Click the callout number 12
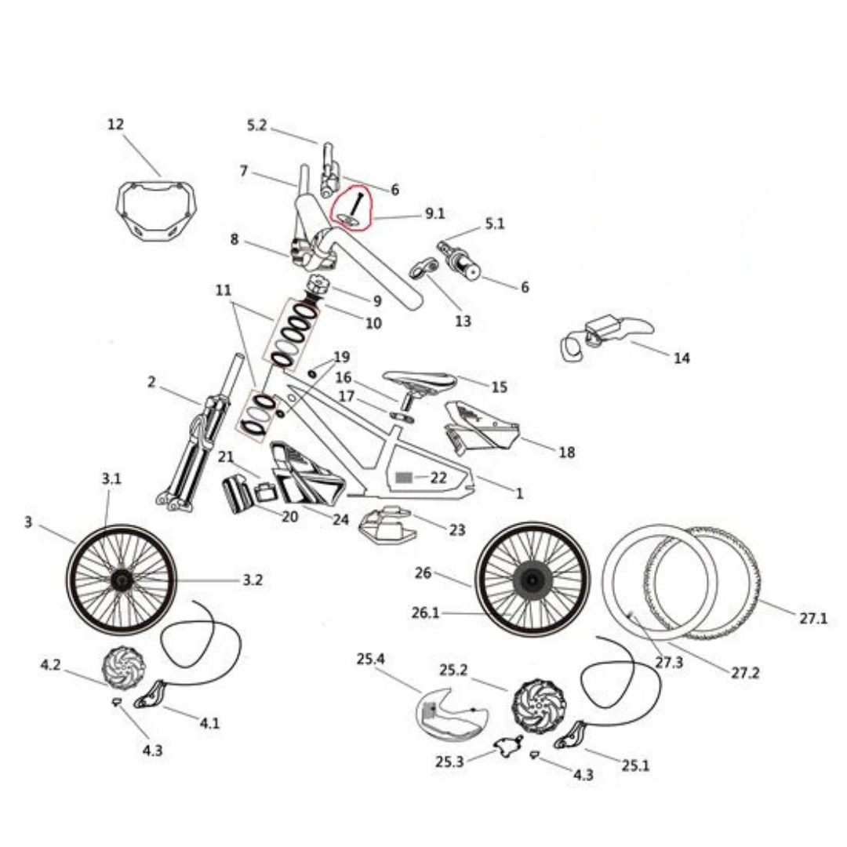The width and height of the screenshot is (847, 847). point(116,125)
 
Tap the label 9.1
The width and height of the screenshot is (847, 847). point(434,212)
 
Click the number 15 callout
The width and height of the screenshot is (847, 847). point(500,387)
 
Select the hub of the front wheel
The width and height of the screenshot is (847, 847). point(122,580)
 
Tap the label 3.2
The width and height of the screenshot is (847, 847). point(252,580)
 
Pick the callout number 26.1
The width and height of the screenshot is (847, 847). point(425,613)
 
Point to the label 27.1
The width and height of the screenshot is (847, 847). point(813,618)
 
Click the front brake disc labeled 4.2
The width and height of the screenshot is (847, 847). point(125,667)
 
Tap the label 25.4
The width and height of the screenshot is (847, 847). point(370,660)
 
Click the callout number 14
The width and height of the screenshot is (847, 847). point(682,358)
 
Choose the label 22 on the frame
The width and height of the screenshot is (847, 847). point(438,477)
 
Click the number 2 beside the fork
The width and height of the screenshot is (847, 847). point(151,383)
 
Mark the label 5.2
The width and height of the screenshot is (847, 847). point(257,125)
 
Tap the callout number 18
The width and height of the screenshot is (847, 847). point(566,453)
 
